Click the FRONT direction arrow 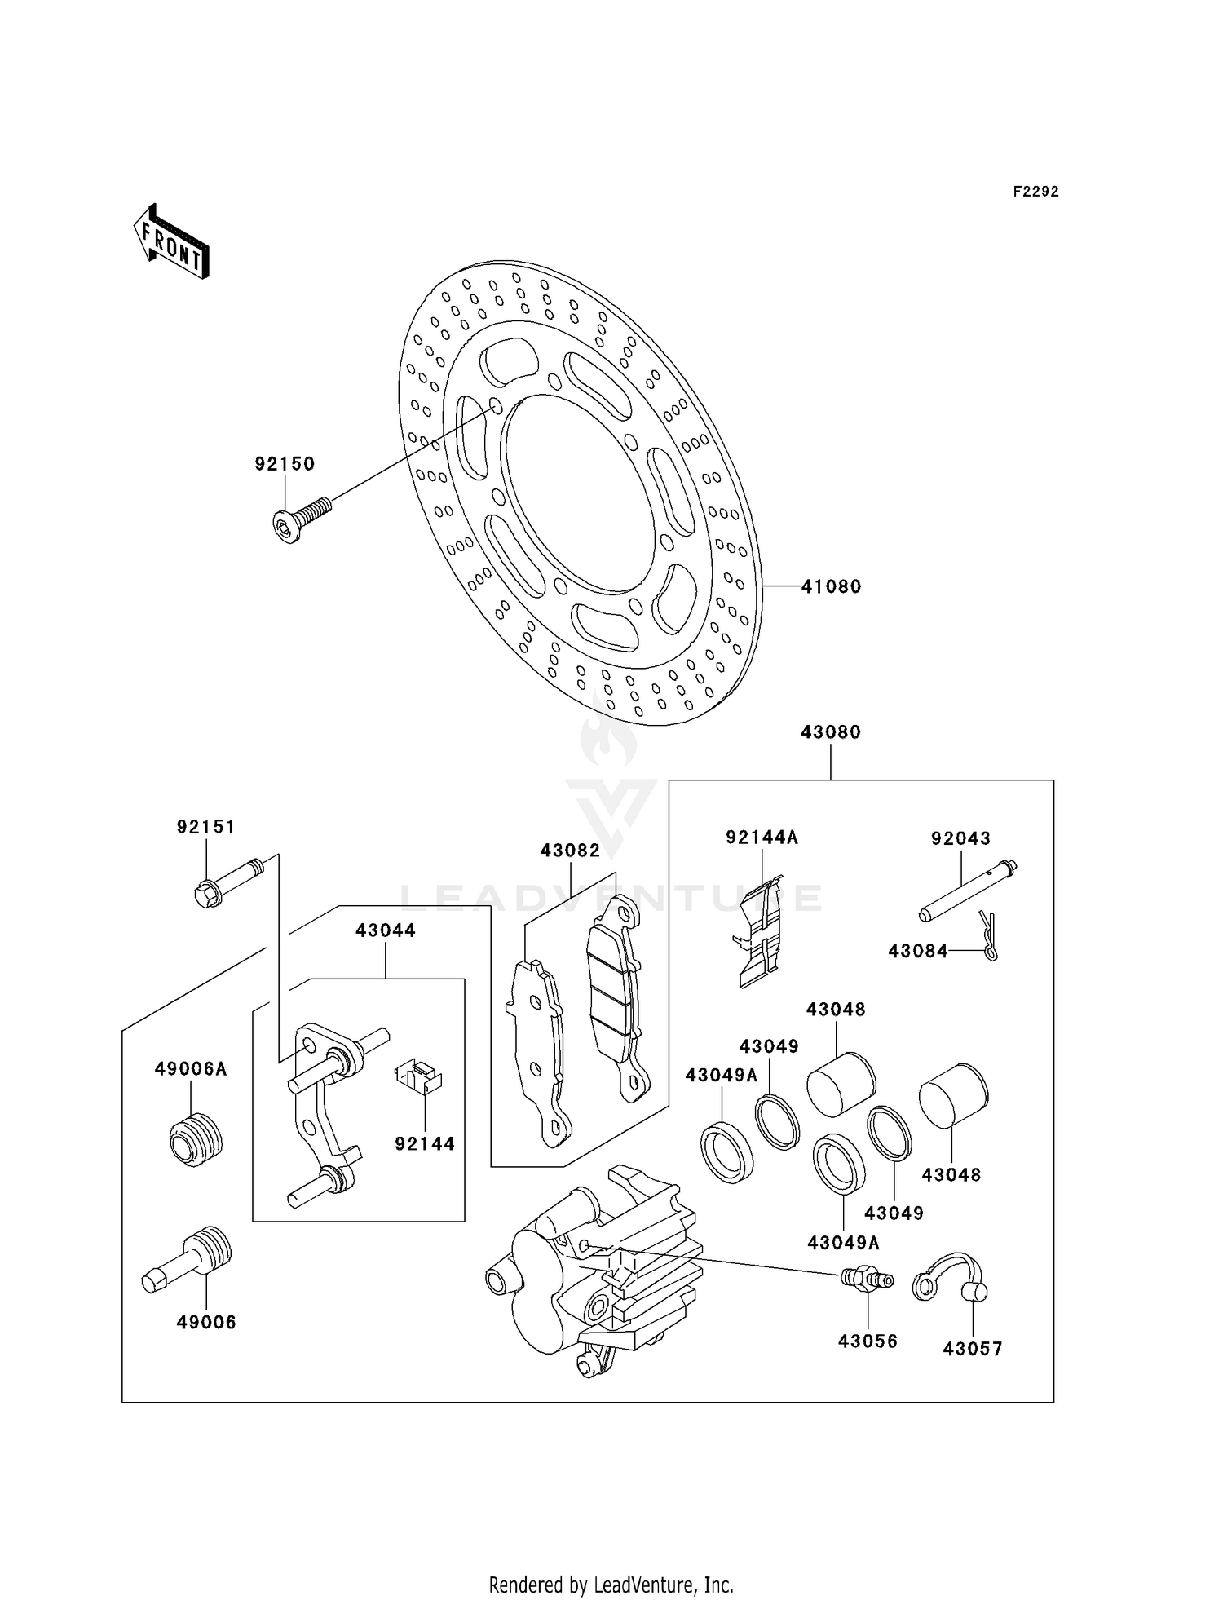tap(172, 243)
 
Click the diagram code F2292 tap(1035, 192)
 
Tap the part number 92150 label tap(285, 464)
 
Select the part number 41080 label tap(831, 586)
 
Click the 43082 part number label tap(570, 851)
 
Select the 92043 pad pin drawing tap(968, 891)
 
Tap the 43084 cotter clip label tap(918, 951)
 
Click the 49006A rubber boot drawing tap(196, 1139)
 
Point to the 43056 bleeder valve tap(866, 1278)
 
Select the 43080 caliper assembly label tap(830, 732)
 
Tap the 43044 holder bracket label tap(386, 930)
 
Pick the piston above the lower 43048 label tap(953, 1095)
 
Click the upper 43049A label tap(722, 1076)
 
